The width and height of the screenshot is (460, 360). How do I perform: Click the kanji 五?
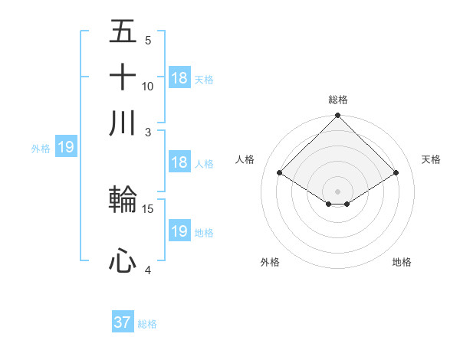tap(123, 32)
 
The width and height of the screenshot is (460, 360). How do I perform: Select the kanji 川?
tap(123, 123)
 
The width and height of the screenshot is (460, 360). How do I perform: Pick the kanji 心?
tap(123, 261)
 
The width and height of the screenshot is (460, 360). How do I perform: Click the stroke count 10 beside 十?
tap(148, 87)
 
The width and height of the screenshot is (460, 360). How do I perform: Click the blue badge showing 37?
tap(123, 322)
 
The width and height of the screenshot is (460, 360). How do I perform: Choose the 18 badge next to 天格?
tap(179, 78)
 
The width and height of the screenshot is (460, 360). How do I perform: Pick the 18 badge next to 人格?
tap(179, 162)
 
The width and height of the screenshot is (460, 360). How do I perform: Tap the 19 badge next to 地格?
tap(179, 231)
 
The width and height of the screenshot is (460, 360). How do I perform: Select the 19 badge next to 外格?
tap(66, 147)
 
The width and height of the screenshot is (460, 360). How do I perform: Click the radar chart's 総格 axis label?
tap(338, 100)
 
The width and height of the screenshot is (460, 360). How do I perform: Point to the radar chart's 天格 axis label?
tap(432, 159)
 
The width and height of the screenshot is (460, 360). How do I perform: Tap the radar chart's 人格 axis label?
tap(245, 159)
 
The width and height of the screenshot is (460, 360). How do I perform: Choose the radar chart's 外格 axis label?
tap(270, 263)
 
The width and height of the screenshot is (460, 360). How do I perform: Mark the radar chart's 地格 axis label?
tap(402, 263)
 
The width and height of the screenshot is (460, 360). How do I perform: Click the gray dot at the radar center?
tap(338, 191)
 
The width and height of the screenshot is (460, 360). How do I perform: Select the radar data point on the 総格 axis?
tap(338, 116)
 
